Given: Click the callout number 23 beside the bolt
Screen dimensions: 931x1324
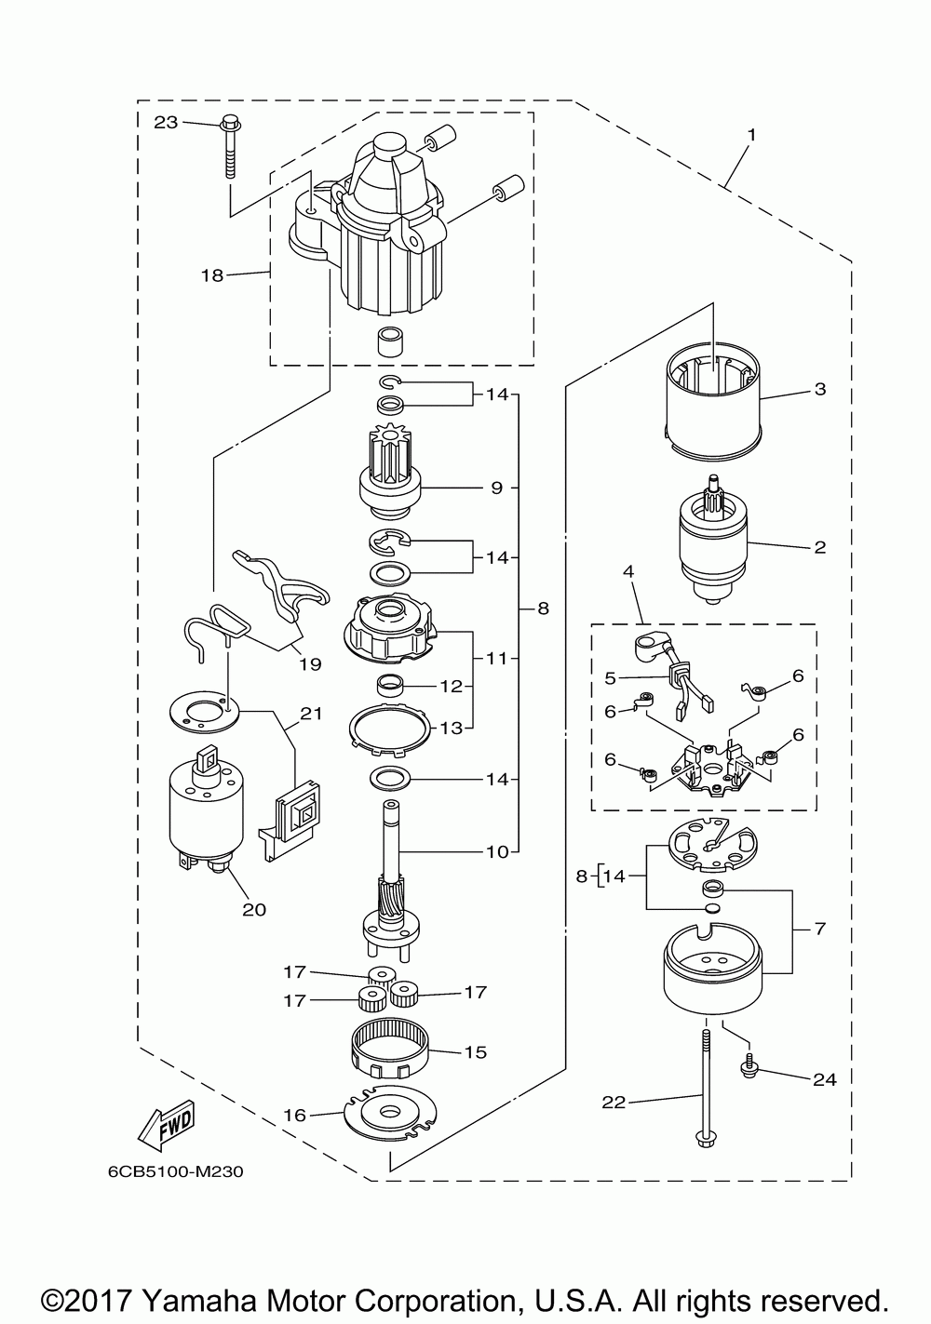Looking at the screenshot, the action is click(x=166, y=123).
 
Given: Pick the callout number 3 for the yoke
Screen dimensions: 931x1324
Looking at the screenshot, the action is click(x=820, y=389).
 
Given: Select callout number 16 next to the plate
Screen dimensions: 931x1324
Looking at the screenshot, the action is click(x=295, y=1116).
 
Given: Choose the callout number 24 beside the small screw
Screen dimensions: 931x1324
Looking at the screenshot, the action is click(x=825, y=1080).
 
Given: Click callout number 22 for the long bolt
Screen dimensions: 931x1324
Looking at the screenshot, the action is click(x=614, y=1103).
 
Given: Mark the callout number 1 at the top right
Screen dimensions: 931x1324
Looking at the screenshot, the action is click(x=751, y=135).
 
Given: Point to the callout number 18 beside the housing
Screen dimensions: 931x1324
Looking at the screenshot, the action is click(x=212, y=275).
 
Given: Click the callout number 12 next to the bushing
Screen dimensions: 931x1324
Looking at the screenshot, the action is click(x=451, y=687).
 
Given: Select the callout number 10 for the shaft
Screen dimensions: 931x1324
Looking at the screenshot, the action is click(x=497, y=851).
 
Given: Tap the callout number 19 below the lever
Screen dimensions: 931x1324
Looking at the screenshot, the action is click(x=310, y=664).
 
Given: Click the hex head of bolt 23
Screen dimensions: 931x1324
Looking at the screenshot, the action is click(x=230, y=125).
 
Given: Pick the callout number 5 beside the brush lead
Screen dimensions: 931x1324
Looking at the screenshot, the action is click(x=611, y=678).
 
